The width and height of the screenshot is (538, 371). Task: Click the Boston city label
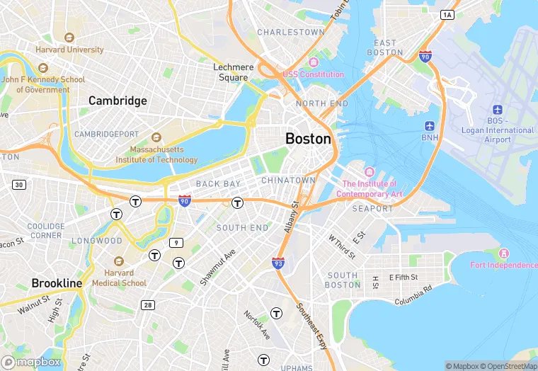(308, 139)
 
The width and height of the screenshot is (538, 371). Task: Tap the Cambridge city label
(118, 101)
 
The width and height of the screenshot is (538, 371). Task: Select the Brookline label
(57, 283)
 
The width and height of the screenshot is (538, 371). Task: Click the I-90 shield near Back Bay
(184, 201)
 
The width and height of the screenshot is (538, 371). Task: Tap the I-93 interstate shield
(278, 263)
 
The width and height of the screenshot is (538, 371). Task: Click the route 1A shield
(447, 14)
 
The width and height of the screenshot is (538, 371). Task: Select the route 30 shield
(18, 185)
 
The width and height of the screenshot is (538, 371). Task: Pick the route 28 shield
(147, 305)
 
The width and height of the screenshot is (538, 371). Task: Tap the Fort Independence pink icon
(504, 253)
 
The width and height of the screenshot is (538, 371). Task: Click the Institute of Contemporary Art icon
(369, 172)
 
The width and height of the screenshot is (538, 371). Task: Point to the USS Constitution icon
(313, 62)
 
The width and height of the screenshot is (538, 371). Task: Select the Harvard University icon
(69, 38)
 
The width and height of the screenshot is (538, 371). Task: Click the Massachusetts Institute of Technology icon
(156, 137)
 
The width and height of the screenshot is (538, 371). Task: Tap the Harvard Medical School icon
(118, 261)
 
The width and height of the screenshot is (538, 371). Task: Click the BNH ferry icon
(430, 125)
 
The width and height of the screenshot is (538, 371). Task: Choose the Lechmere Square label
(234, 72)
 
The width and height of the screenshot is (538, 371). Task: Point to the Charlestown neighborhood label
(291, 33)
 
